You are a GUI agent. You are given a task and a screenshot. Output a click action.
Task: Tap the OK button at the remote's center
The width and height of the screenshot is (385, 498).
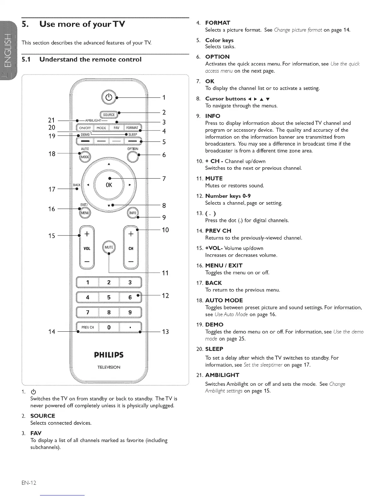point(109,185)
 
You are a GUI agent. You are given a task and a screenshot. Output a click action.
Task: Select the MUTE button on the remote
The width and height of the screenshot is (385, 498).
point(109,247)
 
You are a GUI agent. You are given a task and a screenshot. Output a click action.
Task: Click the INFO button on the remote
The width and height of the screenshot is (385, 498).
point(133,213)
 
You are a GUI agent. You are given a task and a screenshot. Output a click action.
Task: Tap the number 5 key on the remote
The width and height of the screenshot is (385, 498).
point(109,297)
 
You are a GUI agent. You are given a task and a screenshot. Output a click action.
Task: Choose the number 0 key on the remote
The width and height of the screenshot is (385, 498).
point(109,327)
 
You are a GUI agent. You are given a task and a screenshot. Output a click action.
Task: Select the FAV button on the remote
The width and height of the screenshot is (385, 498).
point(116,128)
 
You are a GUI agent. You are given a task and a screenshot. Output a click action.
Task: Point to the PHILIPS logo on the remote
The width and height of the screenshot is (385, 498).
point(109,355)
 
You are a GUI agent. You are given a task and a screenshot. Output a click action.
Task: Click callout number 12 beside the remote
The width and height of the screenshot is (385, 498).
point(165,296)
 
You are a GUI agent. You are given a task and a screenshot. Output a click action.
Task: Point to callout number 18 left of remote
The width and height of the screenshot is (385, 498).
point(52,154)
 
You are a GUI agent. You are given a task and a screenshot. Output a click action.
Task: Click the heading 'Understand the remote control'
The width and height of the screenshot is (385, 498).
point(91,59)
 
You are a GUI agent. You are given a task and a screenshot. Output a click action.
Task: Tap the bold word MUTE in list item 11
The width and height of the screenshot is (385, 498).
point(214,179)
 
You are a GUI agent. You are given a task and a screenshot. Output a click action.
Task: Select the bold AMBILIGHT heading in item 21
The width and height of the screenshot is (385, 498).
point(222,375)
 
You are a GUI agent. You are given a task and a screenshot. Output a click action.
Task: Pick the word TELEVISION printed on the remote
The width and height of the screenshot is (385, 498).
point(109,367)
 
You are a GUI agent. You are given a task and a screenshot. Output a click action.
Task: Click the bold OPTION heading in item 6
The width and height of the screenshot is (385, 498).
point(217,57)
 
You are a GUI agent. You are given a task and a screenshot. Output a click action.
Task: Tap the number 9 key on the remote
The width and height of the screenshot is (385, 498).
point(130,312)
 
